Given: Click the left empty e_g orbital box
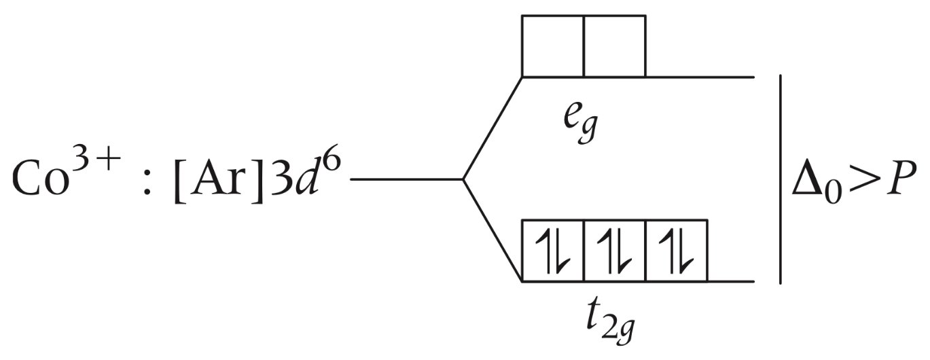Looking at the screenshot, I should (552, 46).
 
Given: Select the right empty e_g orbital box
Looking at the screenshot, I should (614, 46).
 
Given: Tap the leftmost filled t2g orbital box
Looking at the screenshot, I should (552, 251).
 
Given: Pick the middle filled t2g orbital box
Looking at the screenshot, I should (614, 251).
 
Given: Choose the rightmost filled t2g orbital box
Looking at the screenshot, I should (677, 251).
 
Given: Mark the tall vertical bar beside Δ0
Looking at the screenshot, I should (781, 179).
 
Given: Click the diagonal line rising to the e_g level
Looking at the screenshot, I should (492, 129).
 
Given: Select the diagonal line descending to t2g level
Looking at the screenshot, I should (492, 231).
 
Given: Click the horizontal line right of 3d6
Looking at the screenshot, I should (406, 180).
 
